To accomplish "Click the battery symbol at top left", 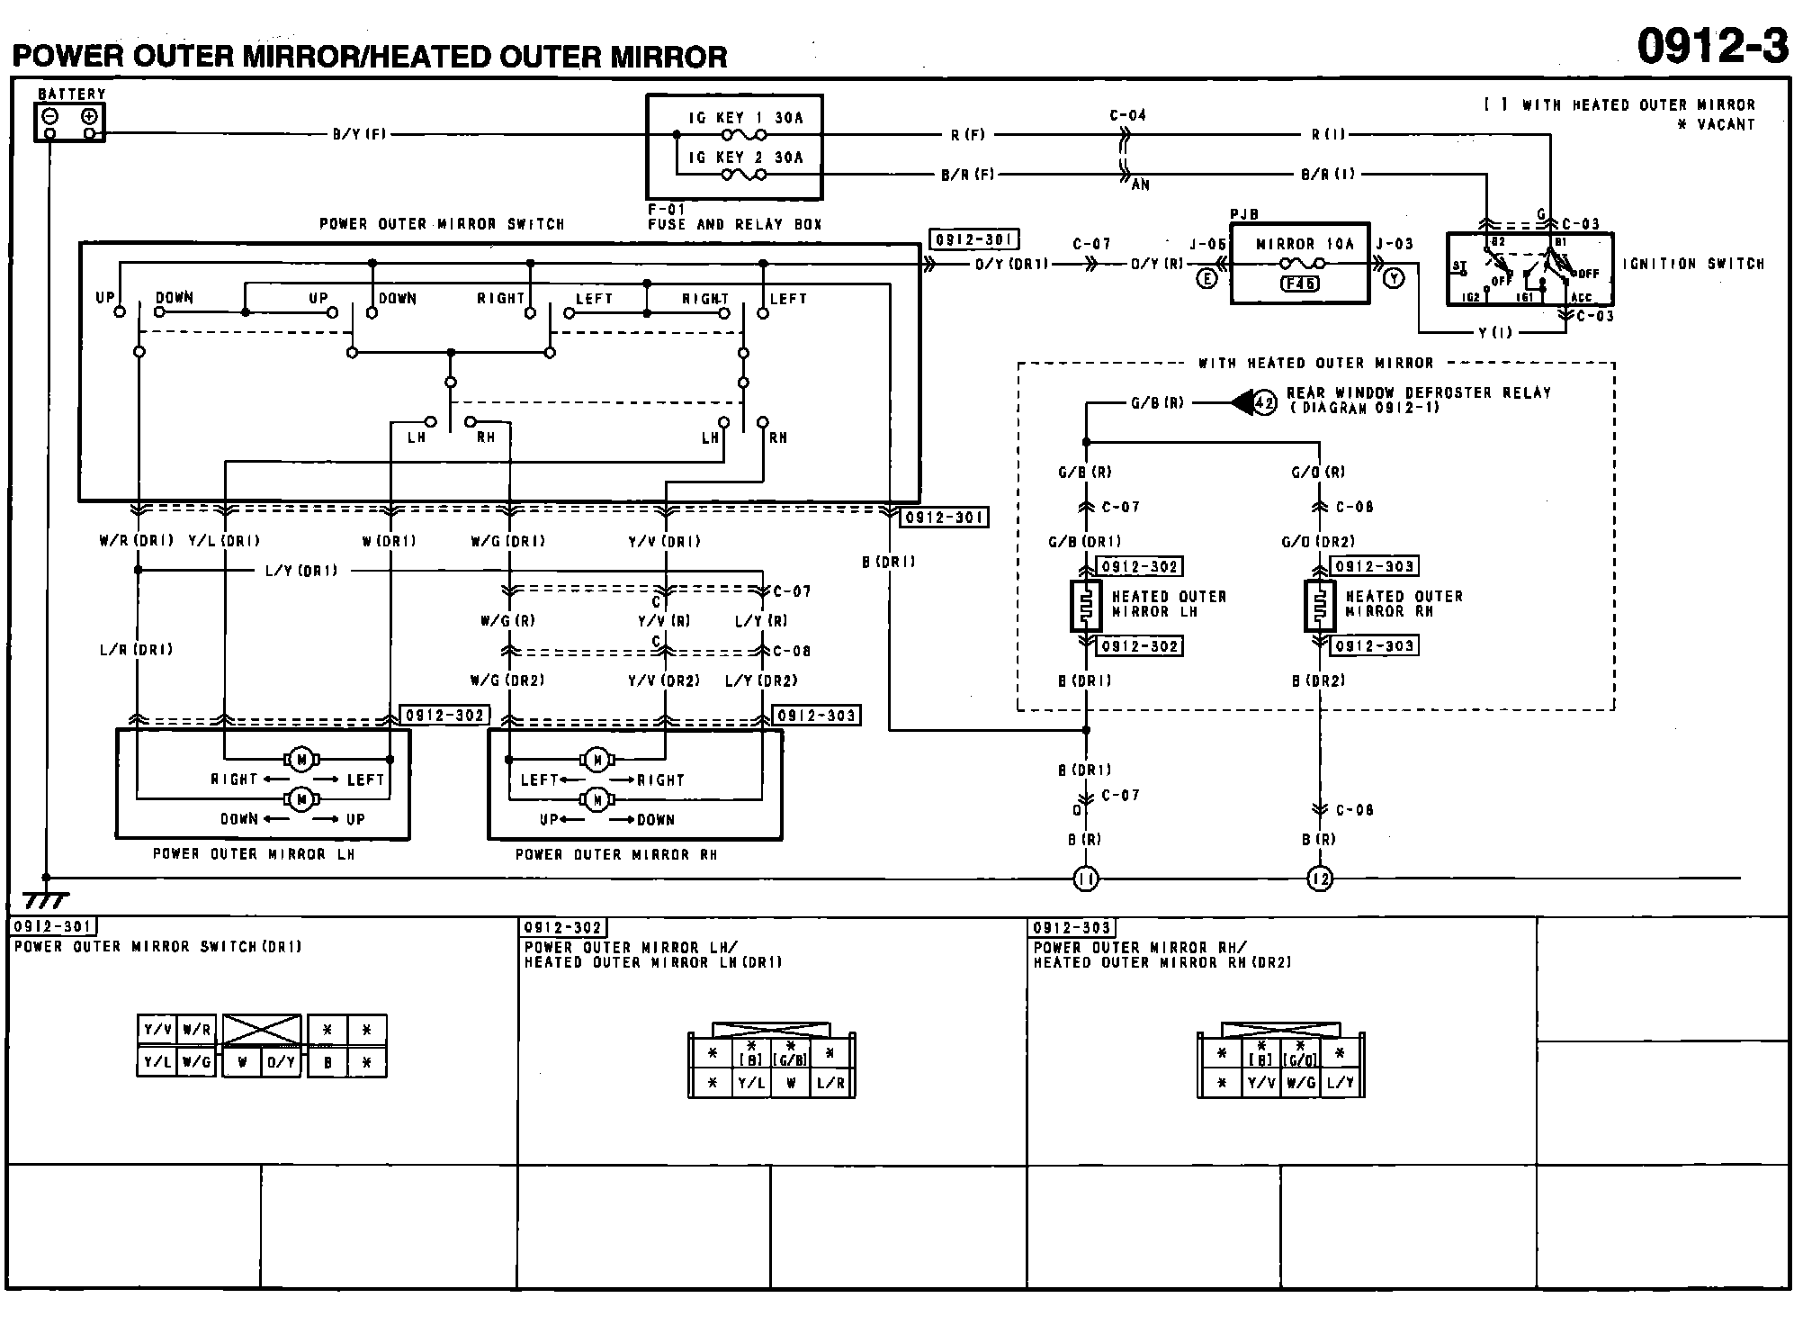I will [x=70, y=122].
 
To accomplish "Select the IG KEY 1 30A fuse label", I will [x=745, y=118].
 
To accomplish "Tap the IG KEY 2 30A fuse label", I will [x=745, y=158].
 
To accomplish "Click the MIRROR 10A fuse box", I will [x=1299, y=264].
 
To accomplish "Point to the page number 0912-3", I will [x=1712, y=45].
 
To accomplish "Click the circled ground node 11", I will [x=1086, y=879].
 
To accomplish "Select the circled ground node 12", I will [x=1319, y=879].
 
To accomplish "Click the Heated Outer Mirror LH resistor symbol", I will [x=1086, y=606].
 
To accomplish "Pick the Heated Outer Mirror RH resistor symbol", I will [x=1319, y=606].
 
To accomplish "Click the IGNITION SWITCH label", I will [x=1693, y=264].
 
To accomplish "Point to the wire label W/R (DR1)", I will [x=136, y=541].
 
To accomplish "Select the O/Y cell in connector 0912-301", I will [x=281, y=1062].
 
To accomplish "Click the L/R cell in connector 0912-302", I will [x=830, y=1083].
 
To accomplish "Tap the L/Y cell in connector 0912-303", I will [x=1340, y=1083].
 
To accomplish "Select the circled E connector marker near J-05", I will [x=1206, y=279].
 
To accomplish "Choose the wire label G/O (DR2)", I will [x=1318, y=541].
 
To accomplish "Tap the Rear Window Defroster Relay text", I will [x=1418, y=392].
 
